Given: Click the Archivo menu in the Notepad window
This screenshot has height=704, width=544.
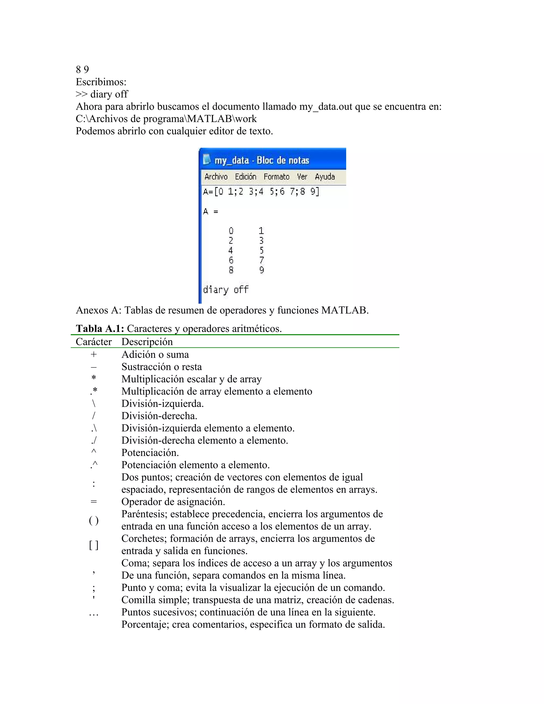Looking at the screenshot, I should tap(216, 177).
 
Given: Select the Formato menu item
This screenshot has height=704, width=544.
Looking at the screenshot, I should tap(276, 177).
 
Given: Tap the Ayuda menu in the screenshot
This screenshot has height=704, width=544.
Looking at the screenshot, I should tap(325, 177).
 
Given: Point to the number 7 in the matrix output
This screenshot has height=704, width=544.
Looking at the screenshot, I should tap(261, 260).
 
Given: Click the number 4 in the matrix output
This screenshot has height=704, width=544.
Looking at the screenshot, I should tap(231, 251).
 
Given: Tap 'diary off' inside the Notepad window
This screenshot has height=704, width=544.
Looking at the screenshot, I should tap(226, 290).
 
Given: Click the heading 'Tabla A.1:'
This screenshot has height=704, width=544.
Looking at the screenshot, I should tap(100, 328).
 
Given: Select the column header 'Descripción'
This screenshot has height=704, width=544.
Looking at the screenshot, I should tap(147, 342).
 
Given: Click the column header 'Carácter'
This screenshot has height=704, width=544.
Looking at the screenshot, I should tap(93, 342).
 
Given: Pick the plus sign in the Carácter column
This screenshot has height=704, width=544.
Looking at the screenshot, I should tap(93, 354).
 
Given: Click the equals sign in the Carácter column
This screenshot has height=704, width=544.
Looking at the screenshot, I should tap(93, 502).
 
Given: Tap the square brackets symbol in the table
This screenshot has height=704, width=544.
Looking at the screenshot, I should tap(93, 545).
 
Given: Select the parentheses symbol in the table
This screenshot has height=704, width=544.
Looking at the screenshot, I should tap(93, 520).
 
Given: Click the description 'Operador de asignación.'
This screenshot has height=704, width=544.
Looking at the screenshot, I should tap(173, 502).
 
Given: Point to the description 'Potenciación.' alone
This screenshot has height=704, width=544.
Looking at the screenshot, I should tap(150, 453).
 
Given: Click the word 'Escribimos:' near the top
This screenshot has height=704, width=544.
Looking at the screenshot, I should tap(101, 82).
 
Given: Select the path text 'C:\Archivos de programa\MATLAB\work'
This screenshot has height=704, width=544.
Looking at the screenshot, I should tap(166, 119).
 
